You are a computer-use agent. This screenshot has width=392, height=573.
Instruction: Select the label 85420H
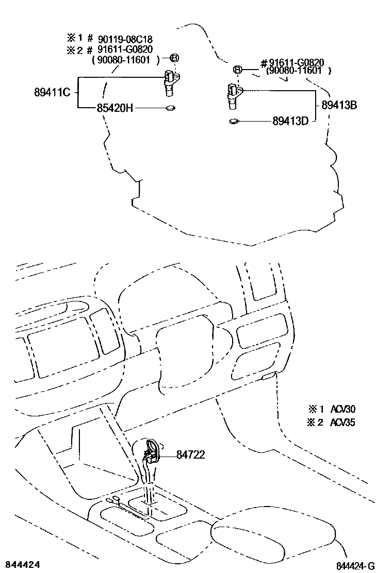115,108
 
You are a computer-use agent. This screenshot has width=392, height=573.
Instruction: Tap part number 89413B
339,105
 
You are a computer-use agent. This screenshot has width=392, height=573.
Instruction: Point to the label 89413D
290,122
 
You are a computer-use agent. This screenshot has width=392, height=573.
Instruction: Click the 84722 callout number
190,454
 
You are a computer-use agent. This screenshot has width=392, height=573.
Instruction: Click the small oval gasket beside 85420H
170,108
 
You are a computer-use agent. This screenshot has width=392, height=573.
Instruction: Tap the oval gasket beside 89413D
233,122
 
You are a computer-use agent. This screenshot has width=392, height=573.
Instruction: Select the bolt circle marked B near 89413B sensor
238,70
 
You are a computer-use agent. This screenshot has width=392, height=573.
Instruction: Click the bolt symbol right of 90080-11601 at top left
174,58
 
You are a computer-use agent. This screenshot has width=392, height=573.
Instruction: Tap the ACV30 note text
343,410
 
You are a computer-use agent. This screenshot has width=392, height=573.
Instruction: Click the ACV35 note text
343,423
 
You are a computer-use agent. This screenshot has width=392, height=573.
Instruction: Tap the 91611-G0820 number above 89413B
296,63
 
